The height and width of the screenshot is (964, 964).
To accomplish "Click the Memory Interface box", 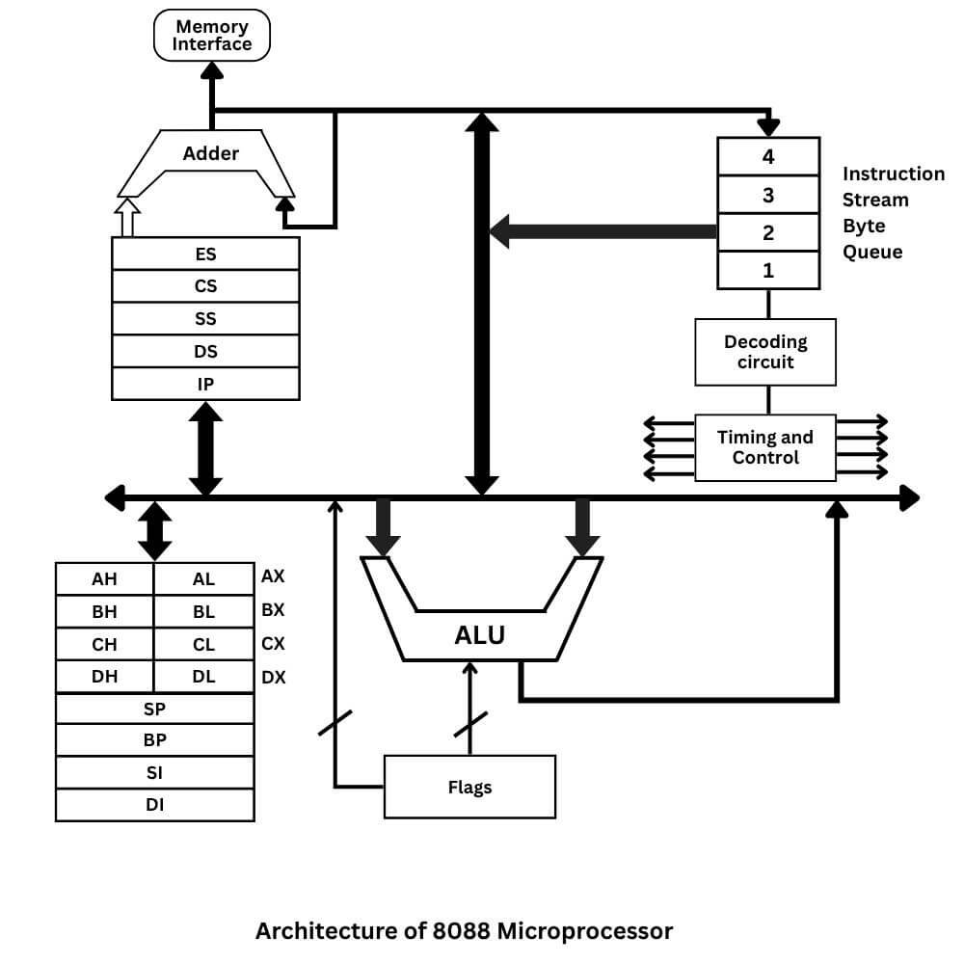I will click(212, 36).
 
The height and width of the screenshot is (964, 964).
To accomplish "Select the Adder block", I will click(210, 154).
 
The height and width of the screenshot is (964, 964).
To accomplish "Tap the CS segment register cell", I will click(205, 286).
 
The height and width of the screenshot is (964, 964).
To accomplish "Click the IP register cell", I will click(205, 384).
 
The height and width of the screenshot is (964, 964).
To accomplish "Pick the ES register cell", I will click(205, 254).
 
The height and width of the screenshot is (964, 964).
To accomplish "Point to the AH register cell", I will click(104, 579).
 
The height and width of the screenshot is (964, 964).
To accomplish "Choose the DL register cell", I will click(203, 677).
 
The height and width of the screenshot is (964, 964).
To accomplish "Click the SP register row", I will click(154, 709).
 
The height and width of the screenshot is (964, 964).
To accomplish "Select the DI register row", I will click(154, 804).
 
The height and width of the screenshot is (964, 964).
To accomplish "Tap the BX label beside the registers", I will click(273, 610).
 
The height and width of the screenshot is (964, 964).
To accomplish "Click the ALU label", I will click(480, 636).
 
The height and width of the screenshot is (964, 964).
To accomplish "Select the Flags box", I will click(469, 787).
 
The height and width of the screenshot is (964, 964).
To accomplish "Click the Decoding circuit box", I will click(765, 352).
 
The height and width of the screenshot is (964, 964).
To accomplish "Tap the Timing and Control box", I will click(765, 447).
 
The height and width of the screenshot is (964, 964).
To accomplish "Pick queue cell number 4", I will click(768, 156).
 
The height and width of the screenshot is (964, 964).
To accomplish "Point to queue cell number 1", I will click(768, 271).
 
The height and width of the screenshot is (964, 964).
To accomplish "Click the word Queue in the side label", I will click(872, 253).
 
